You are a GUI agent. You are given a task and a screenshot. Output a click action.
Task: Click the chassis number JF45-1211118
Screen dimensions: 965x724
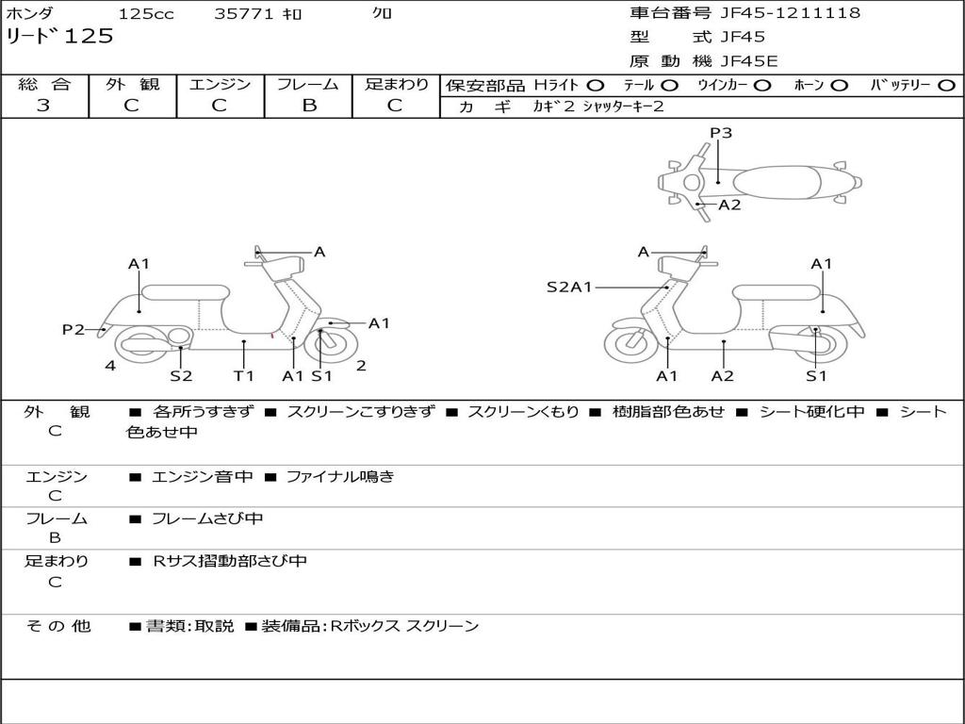coord(791,12)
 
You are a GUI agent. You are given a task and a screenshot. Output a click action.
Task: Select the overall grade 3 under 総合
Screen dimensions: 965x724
coord(43,106)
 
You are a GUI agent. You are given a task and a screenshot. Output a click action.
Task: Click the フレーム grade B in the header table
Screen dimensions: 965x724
coord(309,106)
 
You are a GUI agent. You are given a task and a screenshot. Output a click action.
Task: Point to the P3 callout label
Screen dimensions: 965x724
coord(721,132)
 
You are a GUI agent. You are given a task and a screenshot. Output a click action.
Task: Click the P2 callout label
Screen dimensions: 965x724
coord(74,329)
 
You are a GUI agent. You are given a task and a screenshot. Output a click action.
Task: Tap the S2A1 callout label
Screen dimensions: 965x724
coord(568,287)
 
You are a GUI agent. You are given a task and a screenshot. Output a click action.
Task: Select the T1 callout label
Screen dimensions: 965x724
coord(244,375)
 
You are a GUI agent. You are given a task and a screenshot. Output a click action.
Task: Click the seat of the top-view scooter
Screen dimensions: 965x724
coord(777,183)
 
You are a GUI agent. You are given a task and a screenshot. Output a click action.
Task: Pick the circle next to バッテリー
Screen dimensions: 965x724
coord(946,86)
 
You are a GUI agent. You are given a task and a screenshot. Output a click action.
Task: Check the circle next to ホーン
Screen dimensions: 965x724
coord(839,86)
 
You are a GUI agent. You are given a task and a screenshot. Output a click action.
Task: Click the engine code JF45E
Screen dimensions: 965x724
coord(749,61)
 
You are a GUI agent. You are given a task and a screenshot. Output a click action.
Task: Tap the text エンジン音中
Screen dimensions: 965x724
coord(202,476)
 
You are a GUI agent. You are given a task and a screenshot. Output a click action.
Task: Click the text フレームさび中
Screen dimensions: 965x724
coord(207,519)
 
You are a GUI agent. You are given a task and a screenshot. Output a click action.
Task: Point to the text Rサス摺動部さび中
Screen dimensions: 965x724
coord(230,561)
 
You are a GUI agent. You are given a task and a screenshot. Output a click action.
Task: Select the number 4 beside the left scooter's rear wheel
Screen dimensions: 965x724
coord(110,366)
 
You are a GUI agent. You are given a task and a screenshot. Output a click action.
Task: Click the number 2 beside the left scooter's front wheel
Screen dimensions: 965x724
coord(361,366)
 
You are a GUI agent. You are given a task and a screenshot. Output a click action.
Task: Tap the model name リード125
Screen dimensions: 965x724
coord(59,36)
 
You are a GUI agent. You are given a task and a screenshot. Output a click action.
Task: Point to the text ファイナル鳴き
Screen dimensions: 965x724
coord(339,476)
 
